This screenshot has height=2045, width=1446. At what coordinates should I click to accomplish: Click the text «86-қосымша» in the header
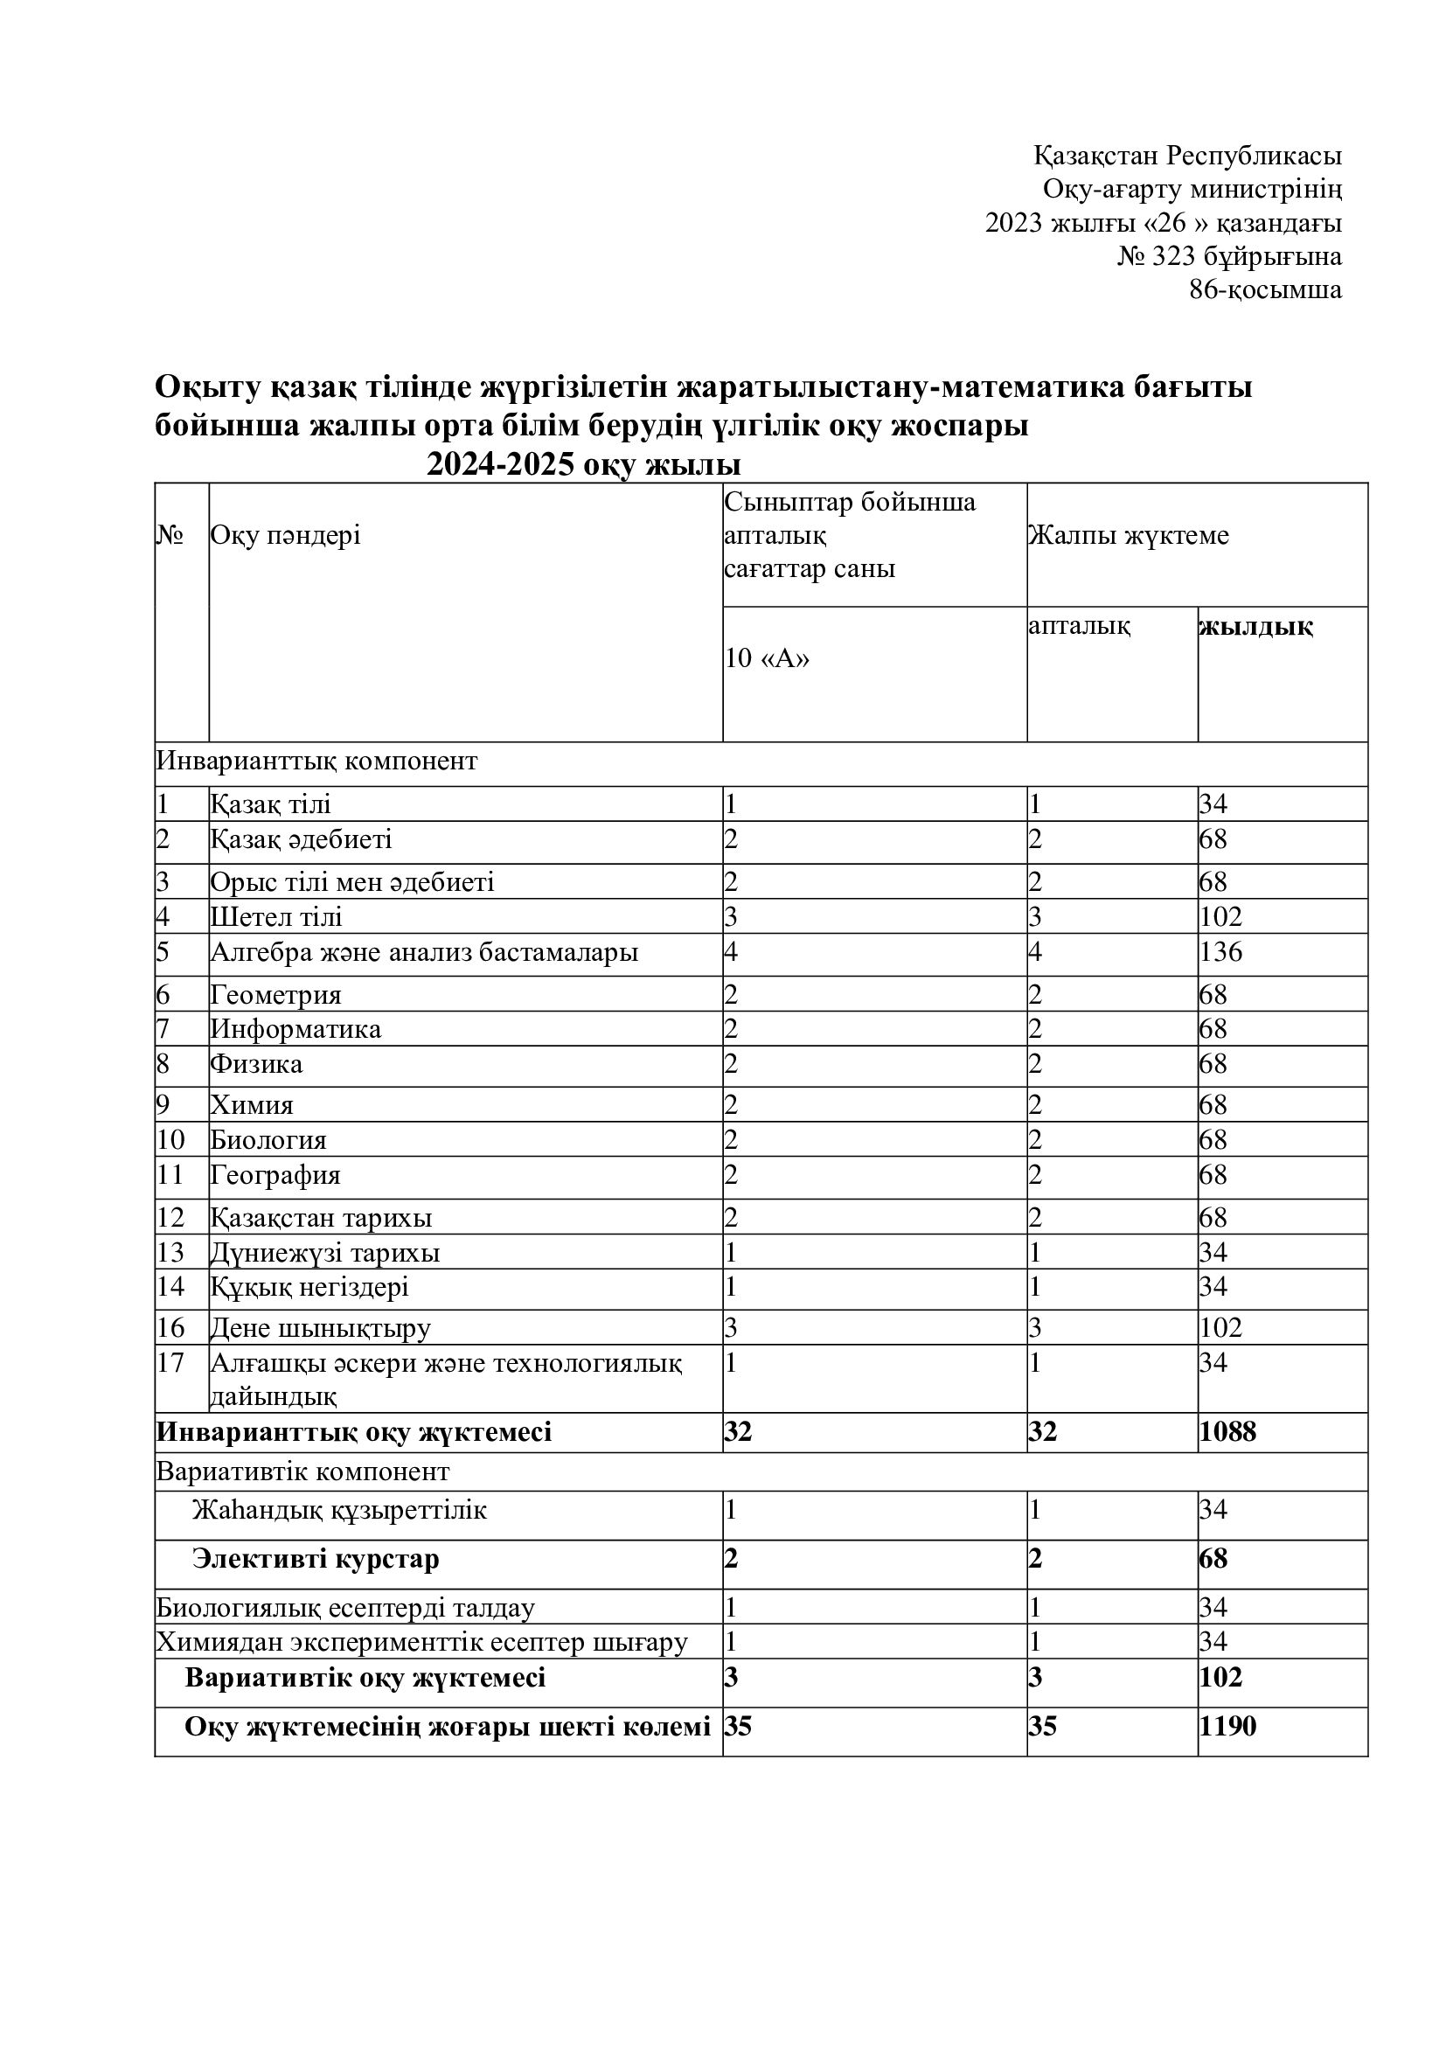coord(1264,290)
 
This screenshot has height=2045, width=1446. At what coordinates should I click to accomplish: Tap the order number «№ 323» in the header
coord(1155,257)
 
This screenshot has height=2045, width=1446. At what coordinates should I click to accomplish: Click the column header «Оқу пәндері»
coord(285,536)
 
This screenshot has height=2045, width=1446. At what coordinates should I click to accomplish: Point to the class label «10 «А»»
coord(767,659)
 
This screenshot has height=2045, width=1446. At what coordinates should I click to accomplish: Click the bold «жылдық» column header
coord(1255,627)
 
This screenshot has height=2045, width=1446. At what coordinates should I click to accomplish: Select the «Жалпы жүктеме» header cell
coord(1128,536)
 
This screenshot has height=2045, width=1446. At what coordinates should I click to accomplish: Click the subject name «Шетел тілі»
coord(276,917)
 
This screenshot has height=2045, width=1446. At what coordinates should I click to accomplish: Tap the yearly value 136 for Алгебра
coord(1220,952)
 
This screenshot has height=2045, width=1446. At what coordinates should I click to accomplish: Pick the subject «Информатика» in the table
coord(295,1030)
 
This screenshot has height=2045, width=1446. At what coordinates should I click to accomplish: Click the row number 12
coord(170,1218)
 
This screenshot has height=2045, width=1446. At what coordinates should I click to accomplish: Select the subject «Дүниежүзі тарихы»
coord(325,1253)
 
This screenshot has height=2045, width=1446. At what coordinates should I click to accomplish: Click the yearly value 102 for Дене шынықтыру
coord(1220,1328)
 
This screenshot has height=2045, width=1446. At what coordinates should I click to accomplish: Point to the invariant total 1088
coord(1227,1432)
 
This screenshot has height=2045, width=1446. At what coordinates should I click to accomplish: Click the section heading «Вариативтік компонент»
coord(302,1471)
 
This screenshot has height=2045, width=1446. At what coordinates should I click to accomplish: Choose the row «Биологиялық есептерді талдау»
coord(345,1609)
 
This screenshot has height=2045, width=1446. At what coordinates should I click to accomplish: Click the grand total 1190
coord(1227,1726)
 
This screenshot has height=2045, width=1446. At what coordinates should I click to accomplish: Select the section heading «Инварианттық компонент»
coord(317,762)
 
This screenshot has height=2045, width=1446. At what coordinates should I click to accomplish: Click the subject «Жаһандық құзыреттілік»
coord(339,1511)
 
